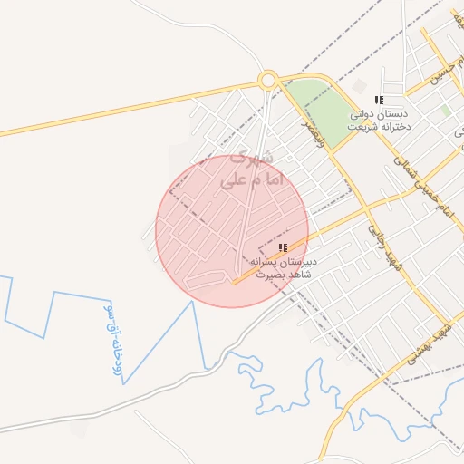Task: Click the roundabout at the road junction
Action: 267,80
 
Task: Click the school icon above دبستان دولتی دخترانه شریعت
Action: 379,99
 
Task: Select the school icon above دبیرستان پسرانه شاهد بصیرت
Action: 284,247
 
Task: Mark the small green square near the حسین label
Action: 445,111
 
